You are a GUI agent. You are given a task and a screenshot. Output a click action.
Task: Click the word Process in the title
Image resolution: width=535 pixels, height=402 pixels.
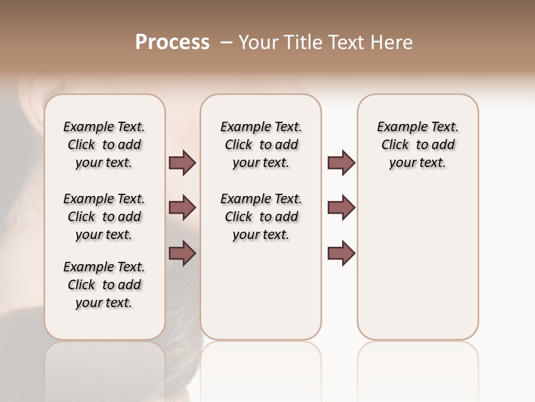click(x=172, y=42)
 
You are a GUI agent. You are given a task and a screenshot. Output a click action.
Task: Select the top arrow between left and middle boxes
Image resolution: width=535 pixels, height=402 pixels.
click(x=182, y=163)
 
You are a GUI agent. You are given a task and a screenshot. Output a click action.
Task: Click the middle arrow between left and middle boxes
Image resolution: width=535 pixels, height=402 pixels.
click(x=182, y=208)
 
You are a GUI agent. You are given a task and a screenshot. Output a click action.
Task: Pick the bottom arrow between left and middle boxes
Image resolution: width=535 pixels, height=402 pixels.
click(x=182, y=253)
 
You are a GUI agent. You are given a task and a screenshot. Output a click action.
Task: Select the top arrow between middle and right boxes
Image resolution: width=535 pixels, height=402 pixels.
click(x=341, y=163)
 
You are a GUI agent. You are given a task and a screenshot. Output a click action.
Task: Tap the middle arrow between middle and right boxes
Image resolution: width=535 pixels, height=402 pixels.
click(x=341, y=208)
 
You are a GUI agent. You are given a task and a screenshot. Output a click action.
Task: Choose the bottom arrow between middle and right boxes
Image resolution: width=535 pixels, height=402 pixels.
click(x=341, y=253)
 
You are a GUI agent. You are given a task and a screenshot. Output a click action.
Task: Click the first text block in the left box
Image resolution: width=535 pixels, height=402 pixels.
click(x=104, y=145)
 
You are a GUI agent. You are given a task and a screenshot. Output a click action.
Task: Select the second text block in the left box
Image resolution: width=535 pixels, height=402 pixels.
click(x=104, y=217)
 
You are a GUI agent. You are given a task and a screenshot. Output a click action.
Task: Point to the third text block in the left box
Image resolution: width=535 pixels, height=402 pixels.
click(x=104, y=285)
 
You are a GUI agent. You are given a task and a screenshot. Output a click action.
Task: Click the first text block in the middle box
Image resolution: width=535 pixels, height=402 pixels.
click(x=261, y=145)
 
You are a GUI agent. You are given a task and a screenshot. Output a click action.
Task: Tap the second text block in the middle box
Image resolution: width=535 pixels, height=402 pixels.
click(x=261, y=217)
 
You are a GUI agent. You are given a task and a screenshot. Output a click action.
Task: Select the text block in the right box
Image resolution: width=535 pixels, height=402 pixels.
click(x=417, y=145)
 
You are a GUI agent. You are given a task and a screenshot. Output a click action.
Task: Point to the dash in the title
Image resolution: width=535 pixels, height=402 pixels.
click(x=227, y=43)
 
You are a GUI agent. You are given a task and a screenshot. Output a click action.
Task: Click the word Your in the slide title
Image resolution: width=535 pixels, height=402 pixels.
click(x=258, y=42)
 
